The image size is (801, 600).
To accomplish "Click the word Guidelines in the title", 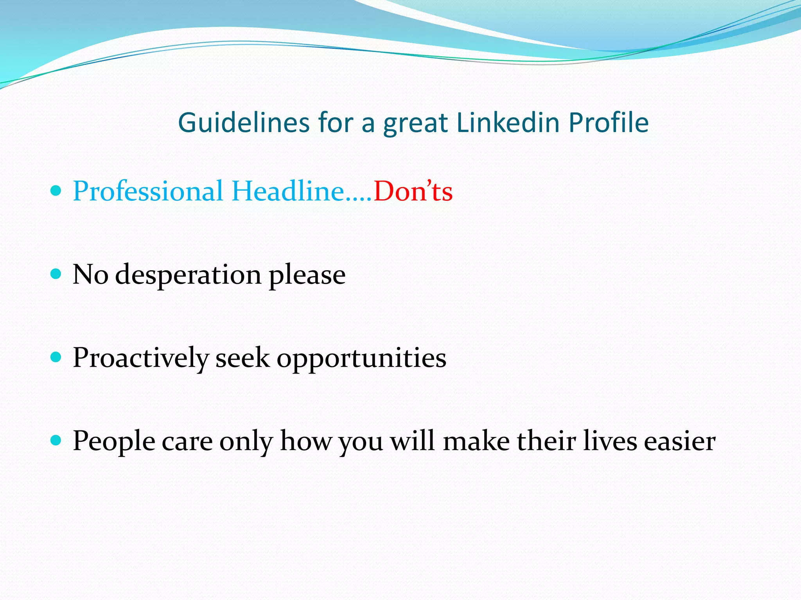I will tap(244, 123).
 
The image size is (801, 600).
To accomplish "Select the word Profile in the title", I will tap(609, 123).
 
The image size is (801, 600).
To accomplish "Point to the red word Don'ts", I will tap(413, 191).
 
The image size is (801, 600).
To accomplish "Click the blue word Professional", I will tap(148, 191).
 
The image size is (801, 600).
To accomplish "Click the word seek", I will tap(242, 358).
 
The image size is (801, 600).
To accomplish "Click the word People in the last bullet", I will tap(114, 441).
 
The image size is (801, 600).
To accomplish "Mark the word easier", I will tap(680, 441).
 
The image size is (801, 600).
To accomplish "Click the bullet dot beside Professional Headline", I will tap(56, 191).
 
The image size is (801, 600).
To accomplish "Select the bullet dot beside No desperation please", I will tap(56, 274).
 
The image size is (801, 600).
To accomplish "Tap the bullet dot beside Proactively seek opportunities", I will tap(56, 357).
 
